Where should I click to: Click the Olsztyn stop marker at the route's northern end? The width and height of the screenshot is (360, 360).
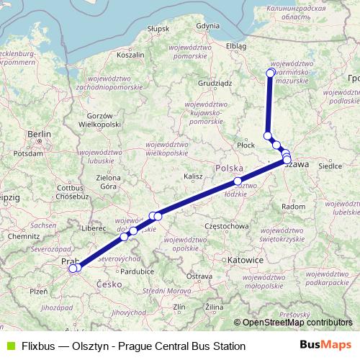(x=271, y=72)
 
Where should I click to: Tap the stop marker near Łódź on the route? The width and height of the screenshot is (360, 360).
(x=238, y=181)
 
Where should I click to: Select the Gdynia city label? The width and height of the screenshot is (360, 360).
(x=207, y=25)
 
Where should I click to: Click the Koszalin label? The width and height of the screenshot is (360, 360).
(x=130, y=54)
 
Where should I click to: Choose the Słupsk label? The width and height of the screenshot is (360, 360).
(x=157, y=29)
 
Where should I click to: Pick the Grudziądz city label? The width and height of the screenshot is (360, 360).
(x=215, y=83)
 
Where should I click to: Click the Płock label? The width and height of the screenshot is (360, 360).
(x=246, y=145)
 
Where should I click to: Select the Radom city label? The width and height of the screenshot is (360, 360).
(x=292, y=206)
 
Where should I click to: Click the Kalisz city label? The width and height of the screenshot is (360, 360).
(x=193, y=176)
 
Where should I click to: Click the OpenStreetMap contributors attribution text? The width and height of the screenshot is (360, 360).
(x=297, y=323)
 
